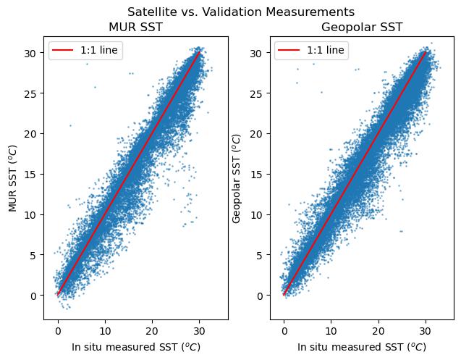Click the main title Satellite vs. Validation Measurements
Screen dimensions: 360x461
point(240,12)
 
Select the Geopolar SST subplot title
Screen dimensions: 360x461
point(362,28)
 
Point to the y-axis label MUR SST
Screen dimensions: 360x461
point(12,175)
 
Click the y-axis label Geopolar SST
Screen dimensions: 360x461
point(238,175)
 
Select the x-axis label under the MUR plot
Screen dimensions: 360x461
point(135,346)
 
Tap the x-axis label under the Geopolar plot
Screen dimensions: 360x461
point(362,346)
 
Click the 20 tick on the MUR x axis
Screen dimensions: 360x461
point(152,330)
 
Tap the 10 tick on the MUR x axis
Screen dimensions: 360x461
point(105,330)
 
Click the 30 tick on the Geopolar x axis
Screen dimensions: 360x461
point(426,330)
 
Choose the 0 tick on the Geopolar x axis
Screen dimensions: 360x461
point(284,330)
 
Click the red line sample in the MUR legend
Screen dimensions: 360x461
point(62,51)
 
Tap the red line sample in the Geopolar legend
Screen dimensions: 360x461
point(289,51)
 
